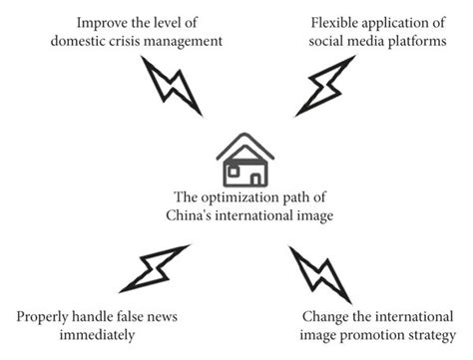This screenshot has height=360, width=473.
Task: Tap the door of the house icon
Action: [256, 178]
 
